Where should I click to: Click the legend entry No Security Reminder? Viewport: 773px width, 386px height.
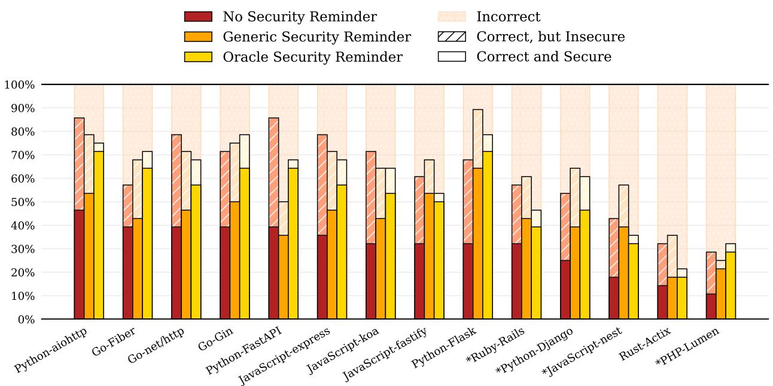300,17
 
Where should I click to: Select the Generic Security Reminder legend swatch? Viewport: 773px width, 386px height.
198,37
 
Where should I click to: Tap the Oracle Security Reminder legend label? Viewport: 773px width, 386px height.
312,57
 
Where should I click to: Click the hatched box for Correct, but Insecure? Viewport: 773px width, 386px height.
452,37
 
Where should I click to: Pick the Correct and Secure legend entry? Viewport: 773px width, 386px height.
543,57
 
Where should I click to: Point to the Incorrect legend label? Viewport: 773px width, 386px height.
508,17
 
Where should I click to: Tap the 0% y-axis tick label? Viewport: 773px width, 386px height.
24,320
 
